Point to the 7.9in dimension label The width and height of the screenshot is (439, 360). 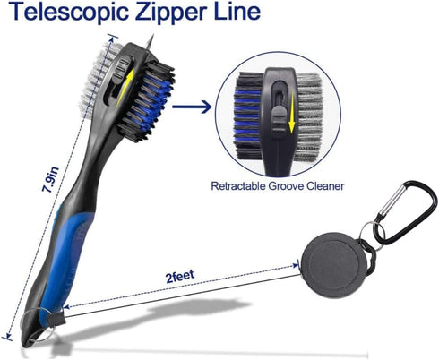pyautogui.click(x=50, y=179)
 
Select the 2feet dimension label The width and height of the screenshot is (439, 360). pyautogui.click(x=180, y=276)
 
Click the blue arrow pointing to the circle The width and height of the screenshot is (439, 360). pyautogui.click(x=192, y=107)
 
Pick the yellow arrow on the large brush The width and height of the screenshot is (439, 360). pyautogui.click(x=125, y=87)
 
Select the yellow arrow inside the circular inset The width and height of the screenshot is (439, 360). pyautogui.click(x=291, y=111)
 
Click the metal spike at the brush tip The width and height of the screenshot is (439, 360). pyautogui.click(x=151, y=41)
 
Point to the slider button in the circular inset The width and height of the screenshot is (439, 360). pyautogui.click(x=279, y=118)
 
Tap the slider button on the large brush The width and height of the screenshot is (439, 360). pyautogui.click(x=122, y=68)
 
